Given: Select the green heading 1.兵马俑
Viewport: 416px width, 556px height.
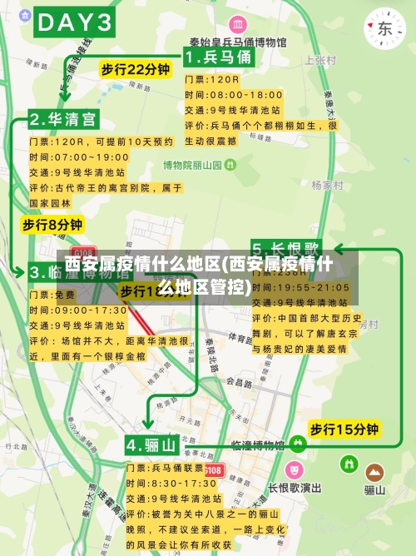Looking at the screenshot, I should [218, 57].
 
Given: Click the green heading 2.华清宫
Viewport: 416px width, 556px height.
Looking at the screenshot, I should [62, 119].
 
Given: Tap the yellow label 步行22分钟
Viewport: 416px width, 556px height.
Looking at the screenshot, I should [135, 69].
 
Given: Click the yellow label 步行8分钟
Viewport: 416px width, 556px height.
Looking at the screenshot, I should [52, 225].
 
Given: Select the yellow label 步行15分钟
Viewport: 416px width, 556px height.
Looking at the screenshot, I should [344, 429].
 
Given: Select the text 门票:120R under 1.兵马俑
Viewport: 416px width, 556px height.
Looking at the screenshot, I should [211, 79].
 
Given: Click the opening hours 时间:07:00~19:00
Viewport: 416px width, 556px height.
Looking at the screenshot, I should [79, 156].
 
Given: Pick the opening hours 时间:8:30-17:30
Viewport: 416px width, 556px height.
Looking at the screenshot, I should [171, 483].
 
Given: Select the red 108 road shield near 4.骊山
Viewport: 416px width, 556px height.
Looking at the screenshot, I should [214, 471].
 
